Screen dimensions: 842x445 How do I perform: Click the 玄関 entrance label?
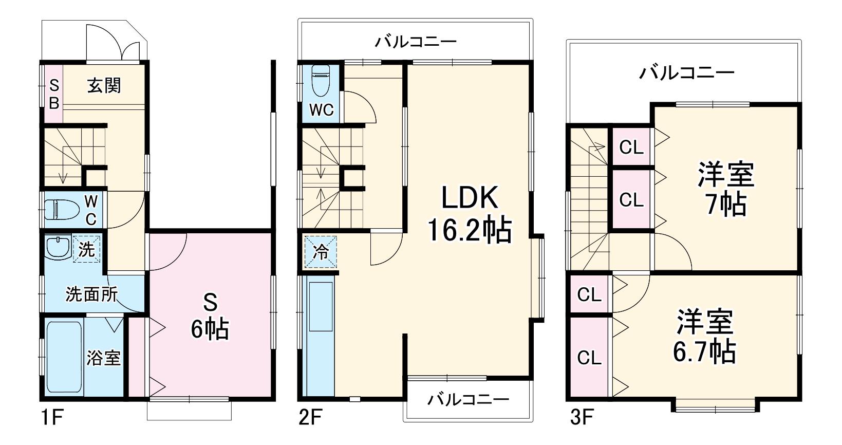coord(104,86)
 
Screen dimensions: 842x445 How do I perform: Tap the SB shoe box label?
coord(54,94)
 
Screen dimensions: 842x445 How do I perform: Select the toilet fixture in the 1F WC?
coord(62,209)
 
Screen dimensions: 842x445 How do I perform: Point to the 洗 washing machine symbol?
coord(86,249)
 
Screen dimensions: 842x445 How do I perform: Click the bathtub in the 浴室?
coord(65,358)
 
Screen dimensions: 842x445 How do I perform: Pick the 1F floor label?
coord(52,417)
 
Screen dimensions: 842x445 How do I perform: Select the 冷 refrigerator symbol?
coord(321,252)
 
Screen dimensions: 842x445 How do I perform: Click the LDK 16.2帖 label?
coord(470,214)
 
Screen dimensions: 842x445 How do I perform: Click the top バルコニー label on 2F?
coord(416,41)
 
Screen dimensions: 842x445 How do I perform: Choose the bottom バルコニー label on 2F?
coord(469,399)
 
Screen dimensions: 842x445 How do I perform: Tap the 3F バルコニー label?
coord(687,72)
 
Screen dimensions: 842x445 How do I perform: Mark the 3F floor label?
coord(582,417)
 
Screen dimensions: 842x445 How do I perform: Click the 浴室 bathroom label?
coord(104,358)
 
